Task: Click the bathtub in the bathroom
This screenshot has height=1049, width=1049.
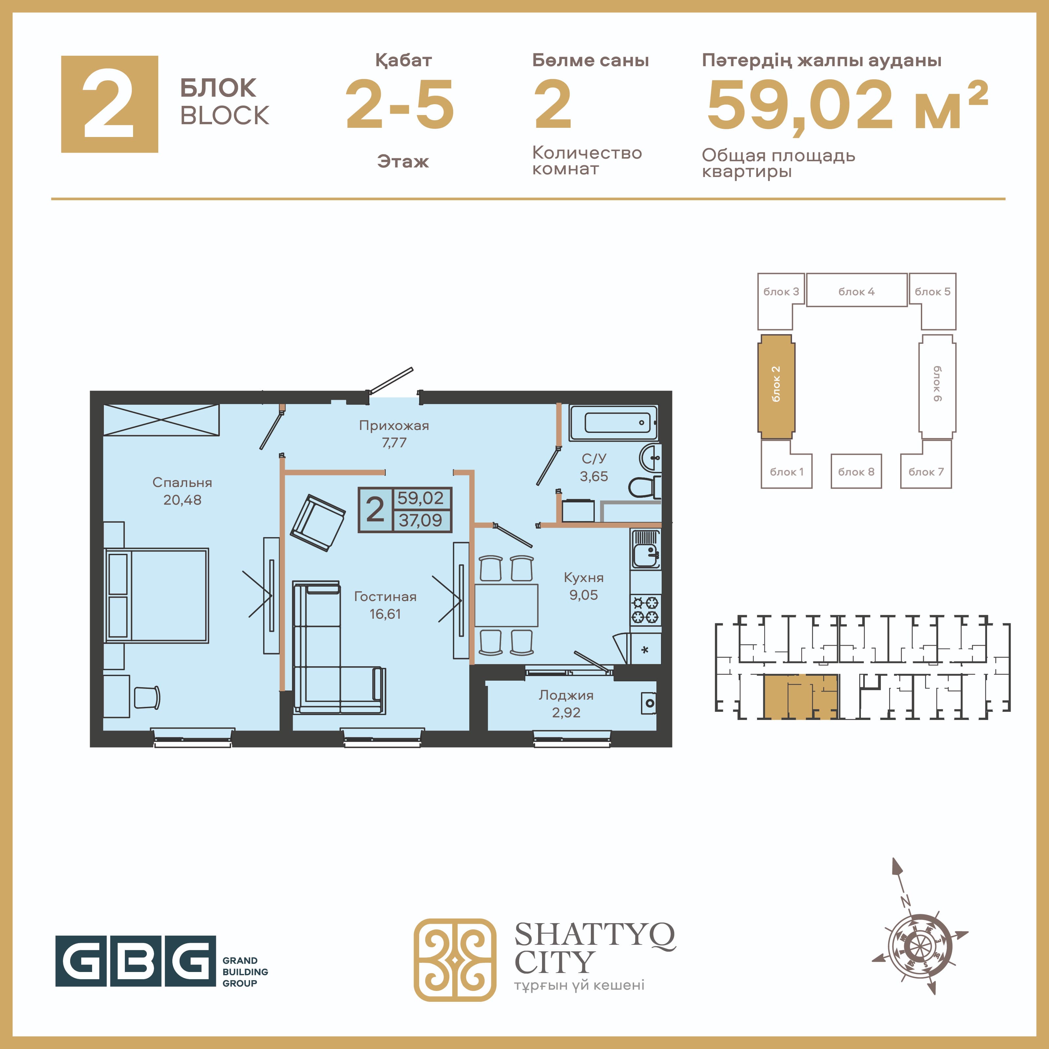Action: pos(613,422)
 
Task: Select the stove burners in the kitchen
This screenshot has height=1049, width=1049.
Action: pos(645,609)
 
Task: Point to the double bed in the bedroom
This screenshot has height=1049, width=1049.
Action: pos(156,595)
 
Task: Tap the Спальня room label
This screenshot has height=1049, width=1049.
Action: pos(183,482)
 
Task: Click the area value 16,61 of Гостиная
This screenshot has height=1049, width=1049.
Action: pos(385,614)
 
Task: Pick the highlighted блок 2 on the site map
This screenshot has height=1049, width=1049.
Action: pos(776,387)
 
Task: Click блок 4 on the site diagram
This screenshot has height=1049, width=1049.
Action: pos(856,290)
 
